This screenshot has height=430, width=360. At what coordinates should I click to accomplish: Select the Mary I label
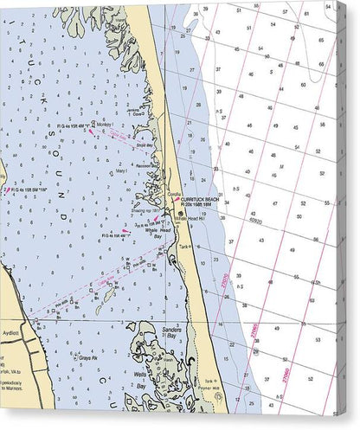tap(122, 172)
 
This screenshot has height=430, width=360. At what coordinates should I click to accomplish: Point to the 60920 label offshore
tap(255, 221)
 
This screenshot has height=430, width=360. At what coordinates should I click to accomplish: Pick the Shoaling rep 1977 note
tap(144, 210)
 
